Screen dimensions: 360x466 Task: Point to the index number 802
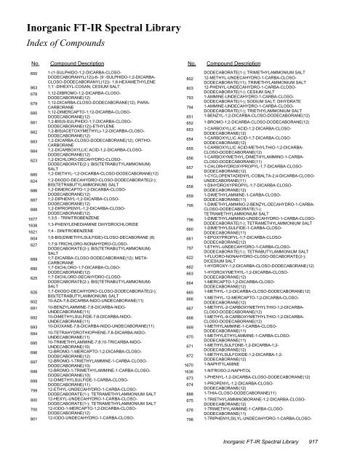click(189, 79)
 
